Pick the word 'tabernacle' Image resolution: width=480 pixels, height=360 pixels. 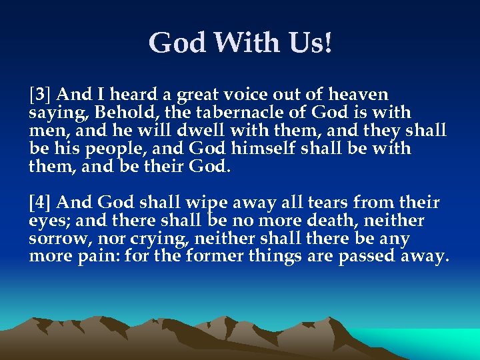[x=224, y=113]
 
